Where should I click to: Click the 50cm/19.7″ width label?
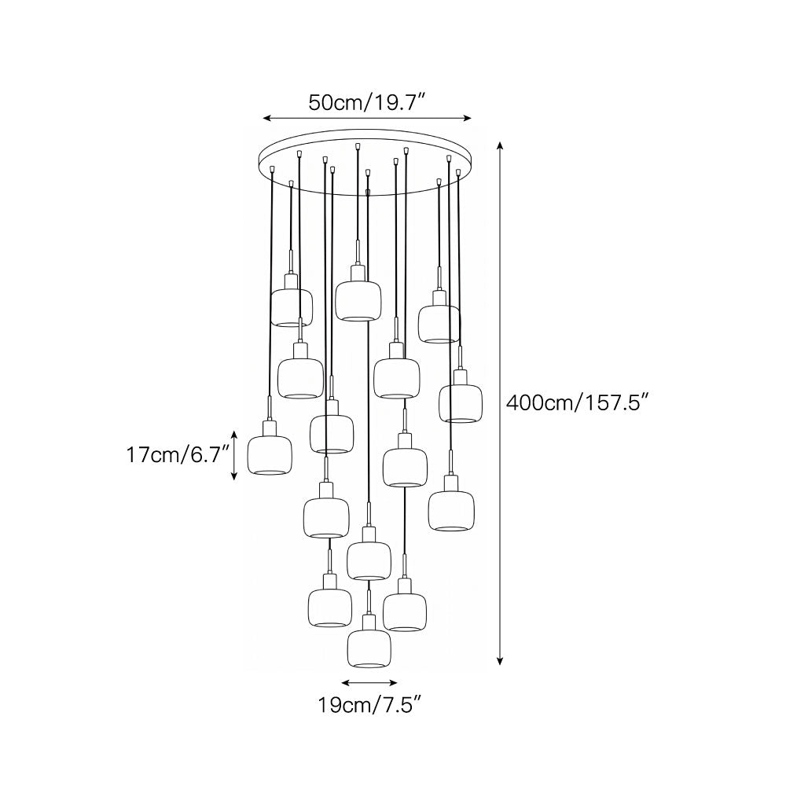click(x=366, y=102)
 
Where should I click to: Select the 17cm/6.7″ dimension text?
click(x=178, y=455)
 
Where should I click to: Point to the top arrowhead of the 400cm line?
click(x=499, y=146)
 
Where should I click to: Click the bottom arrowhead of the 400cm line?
click(x=499, y=661)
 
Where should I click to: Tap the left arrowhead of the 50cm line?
click(x=267, y=119)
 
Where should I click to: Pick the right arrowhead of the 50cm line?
click(x=468, y=119)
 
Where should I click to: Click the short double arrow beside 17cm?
click(x=233, y=455)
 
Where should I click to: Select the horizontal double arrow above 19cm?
click(x=369, y=682)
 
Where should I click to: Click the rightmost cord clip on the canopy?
click(x=458, y=172)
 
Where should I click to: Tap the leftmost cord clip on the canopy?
click(x=272, y=170)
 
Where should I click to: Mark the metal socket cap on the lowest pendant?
click(x=369, y=622)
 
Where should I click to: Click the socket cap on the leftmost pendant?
click(x=270, y=428)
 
